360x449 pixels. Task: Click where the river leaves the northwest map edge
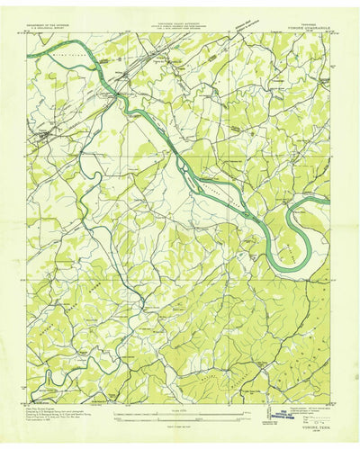30,56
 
